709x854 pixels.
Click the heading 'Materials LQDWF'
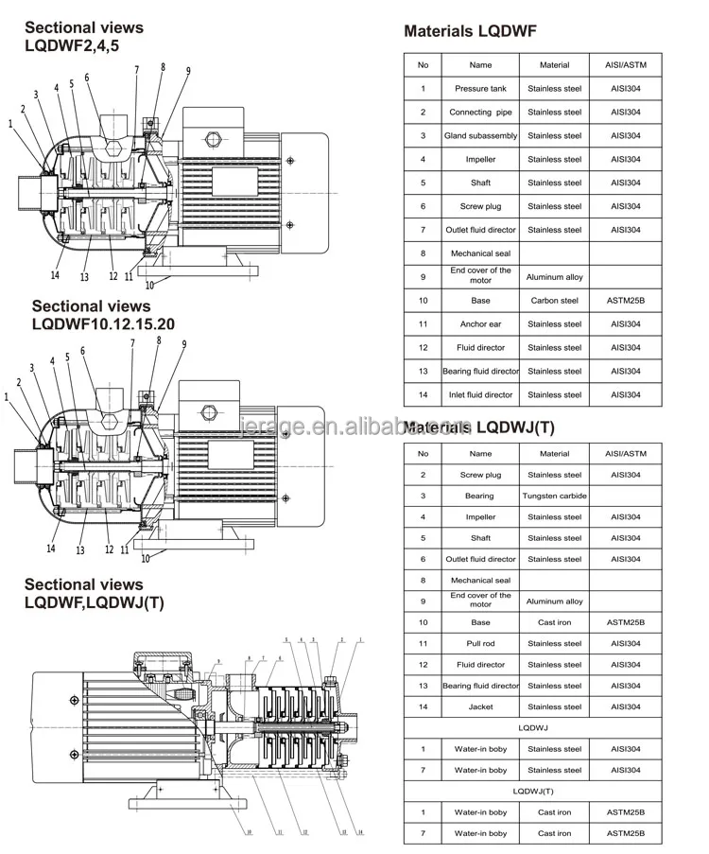470,31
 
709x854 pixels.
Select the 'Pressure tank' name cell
480,89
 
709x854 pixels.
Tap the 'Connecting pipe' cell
480,113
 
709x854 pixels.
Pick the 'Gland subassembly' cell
480,136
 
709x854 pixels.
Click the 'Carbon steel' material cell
554,301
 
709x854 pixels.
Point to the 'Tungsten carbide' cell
554,496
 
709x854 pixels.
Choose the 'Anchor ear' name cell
480,324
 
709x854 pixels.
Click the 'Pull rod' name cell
480,644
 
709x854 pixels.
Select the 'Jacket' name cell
480,707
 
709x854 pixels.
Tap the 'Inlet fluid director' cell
480,395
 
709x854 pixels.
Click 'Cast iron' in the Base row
554,623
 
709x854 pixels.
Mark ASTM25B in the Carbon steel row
625,301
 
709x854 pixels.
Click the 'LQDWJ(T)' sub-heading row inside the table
533,791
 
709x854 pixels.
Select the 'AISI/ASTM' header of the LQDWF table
625,65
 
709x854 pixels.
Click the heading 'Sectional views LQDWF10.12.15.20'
103,315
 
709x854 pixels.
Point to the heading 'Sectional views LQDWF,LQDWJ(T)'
94,594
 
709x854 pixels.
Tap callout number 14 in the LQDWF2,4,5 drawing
55,275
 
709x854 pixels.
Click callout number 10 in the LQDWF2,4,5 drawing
148,284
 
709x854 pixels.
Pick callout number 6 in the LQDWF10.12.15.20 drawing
83,351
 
